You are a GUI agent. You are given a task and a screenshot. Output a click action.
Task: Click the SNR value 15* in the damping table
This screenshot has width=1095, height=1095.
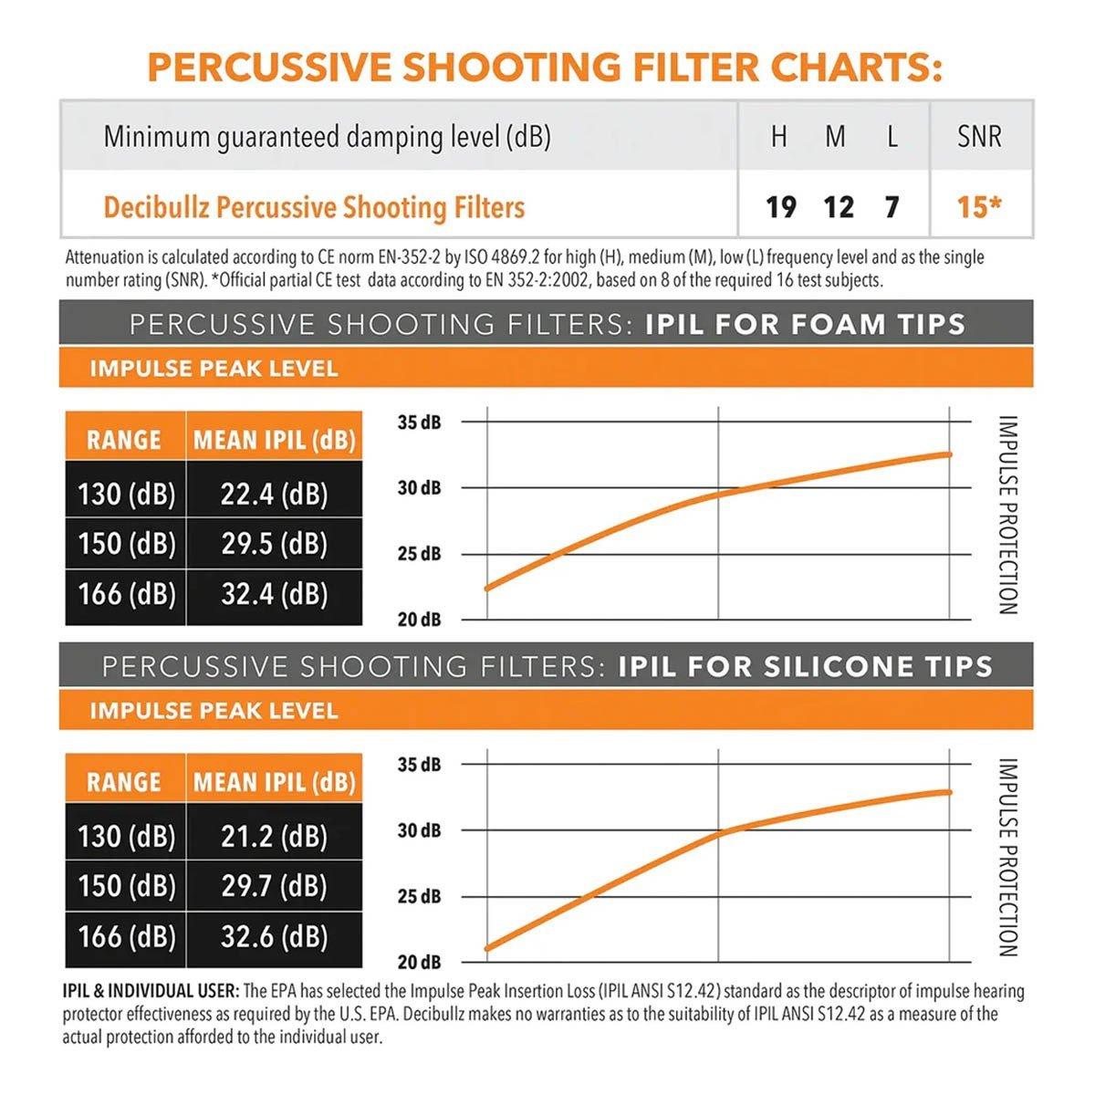click(x=979, y=207)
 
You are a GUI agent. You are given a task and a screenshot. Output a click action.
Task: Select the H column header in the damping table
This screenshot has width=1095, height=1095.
click(x=778, y=137)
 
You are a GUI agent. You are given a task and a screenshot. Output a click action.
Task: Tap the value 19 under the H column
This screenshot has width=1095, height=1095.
click(x=780, y=207)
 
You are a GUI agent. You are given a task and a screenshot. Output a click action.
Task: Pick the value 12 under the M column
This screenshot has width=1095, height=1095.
click(x=838, y=207)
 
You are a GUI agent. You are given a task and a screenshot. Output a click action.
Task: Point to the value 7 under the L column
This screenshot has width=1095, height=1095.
click(x=892, y=207)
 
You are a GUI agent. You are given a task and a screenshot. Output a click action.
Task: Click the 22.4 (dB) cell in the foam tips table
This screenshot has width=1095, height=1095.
click(x=274, y=495)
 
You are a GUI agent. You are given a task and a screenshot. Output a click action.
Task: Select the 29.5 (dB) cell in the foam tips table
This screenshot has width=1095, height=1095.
click(x=274, y=544)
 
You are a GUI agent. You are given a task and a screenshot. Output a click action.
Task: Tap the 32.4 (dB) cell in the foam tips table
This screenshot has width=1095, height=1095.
click(x=274, y=594)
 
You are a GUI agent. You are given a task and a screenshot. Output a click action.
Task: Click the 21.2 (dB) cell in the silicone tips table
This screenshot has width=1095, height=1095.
click(x=274, y=837)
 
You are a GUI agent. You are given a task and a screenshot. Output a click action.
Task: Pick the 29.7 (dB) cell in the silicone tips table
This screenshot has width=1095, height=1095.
click(x=274, y=886)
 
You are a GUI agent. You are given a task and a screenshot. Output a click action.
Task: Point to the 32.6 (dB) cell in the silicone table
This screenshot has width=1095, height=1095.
click(x=274, y=936)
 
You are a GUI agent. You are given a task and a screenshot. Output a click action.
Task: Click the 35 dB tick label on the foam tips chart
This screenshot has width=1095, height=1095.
click(x=419, y=422)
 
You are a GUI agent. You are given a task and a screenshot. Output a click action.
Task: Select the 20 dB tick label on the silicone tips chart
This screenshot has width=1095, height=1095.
click(x=419, y=963)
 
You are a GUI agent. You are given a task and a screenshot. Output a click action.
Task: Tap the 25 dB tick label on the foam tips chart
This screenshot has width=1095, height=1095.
click(x=419, y=554)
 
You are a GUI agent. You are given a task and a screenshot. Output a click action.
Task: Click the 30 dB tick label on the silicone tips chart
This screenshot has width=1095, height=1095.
click(x=419, y=830)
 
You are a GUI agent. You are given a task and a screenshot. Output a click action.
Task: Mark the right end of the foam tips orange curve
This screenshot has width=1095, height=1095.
click(x=949, y=454)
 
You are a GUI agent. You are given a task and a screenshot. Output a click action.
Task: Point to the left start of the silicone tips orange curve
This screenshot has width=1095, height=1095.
click(x=487, y=948)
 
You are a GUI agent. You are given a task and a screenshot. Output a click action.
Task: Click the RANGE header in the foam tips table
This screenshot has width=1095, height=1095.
click(x=124, y=441)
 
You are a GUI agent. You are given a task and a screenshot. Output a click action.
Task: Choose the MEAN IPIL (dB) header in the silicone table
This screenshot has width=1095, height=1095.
click(x=274, y=783)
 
